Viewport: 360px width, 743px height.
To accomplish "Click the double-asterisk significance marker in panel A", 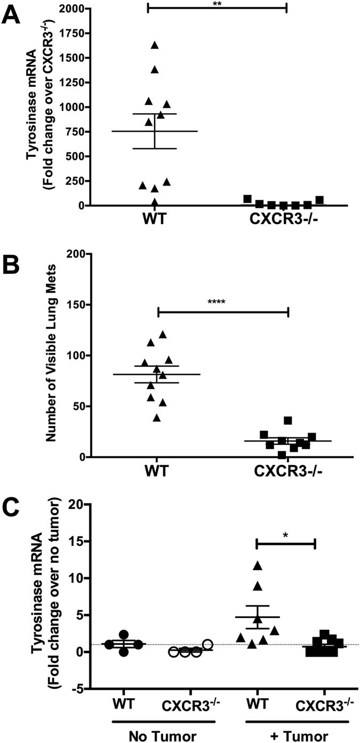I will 217,3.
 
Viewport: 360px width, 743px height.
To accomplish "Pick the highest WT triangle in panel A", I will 155,45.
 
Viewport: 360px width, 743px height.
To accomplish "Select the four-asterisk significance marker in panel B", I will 218,302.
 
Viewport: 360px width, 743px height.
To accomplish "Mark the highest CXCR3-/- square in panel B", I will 288,420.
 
